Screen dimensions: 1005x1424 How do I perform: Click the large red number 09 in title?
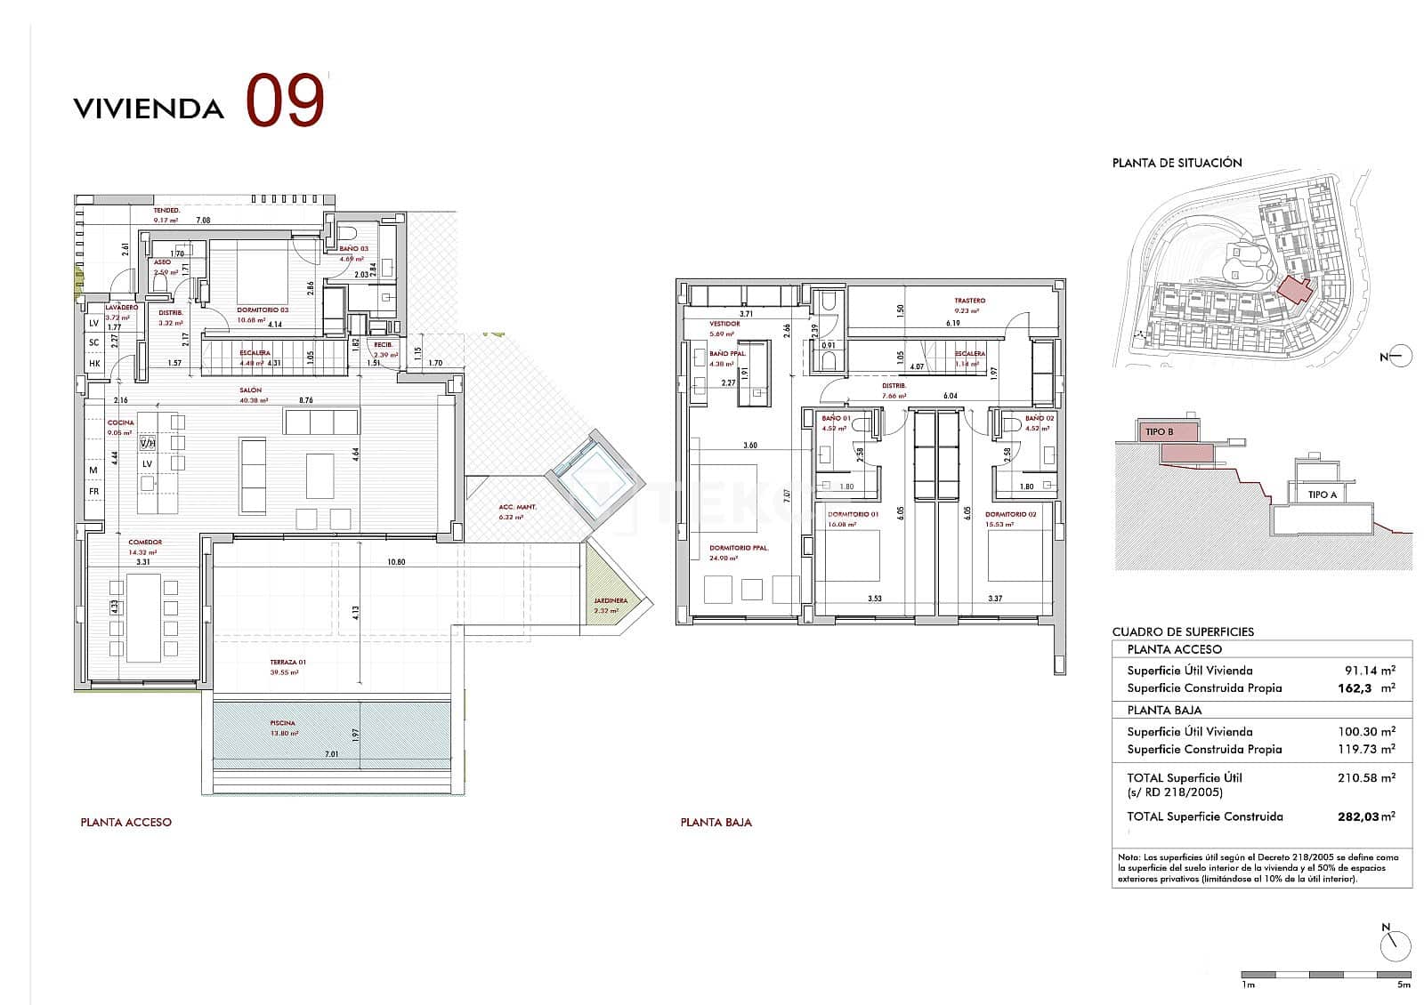[x=284, y=101]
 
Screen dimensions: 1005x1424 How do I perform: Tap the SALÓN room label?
[x=250, y=390]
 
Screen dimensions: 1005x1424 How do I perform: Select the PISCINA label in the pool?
[x=283, y=723]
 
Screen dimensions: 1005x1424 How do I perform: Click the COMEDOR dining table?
[x=143, y=617]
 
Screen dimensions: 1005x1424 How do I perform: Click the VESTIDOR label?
[x=724, y=324]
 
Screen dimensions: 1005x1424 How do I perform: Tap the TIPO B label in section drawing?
[x=1159, y=432]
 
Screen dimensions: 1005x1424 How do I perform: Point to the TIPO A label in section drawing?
[x=1322, y=494]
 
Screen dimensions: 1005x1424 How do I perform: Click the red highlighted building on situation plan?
[x=1295, y=290]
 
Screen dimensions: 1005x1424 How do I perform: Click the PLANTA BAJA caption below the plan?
[x=716, y=823]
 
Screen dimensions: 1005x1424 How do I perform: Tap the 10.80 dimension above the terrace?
[x=396, y=562]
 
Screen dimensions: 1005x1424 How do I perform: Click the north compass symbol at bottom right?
[x=1397, y=945]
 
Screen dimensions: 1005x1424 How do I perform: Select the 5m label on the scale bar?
[x=1404, y=985]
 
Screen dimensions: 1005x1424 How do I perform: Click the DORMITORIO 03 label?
[x=263, y=311]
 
